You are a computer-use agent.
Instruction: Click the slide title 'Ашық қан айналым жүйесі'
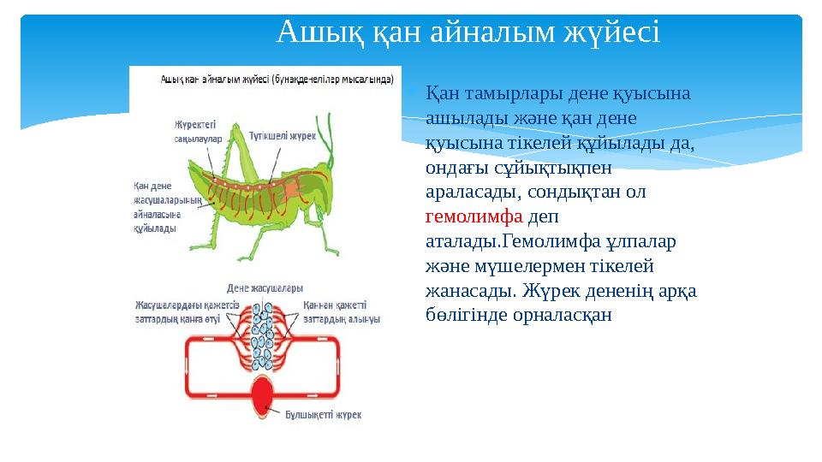point(468,34)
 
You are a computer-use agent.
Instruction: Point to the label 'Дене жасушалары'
point(264,287)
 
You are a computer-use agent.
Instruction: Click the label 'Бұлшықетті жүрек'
point(323,415)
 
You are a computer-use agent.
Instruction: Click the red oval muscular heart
point(263,399)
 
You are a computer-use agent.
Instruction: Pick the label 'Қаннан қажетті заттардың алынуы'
point(341,311)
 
